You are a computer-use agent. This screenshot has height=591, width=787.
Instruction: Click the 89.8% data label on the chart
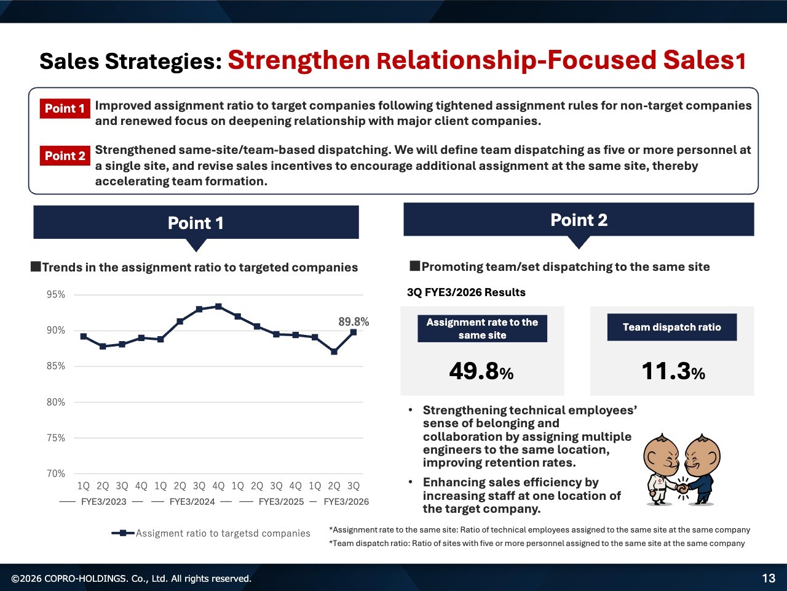click(x=354, y=321)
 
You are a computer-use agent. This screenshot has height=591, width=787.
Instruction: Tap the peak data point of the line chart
click(x=218, y=307)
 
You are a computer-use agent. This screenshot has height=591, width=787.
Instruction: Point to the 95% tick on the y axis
click(x=55, y=295)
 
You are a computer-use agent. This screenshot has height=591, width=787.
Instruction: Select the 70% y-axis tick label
click(x=55, y=473)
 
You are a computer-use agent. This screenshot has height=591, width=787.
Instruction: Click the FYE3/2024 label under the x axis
click(x=192, y=502)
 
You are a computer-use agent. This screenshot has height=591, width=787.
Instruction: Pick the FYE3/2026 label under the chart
click(x=346, y=502)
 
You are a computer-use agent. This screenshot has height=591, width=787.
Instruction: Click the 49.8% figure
click(x=481, y=371)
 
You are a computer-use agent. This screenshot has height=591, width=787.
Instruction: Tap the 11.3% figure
click(x=673, y=371)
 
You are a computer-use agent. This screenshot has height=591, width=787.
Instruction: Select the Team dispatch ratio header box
click(x=672, y=328)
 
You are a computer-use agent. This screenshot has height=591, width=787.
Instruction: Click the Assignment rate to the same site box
click(x=482, y=328)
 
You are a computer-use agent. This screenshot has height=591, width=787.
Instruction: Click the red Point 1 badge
click(x=65, y=108)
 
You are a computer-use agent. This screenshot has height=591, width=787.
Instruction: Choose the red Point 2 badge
click(x=65, y=156)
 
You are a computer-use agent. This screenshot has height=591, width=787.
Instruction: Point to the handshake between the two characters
click(x=682, y=488)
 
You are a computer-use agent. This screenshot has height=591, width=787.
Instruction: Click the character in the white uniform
click(x=662, y=470)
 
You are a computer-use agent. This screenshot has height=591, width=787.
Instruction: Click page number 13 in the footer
click(x=769, y=579)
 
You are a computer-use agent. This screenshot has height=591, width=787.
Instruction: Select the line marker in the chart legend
click(x=122, y=533)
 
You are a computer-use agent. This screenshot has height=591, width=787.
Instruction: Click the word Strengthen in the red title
click(x=299, y=60)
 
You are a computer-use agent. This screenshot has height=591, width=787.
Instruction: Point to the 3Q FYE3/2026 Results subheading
click(x=466, y=292)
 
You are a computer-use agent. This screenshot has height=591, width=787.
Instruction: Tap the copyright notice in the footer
click(x=131, y=579)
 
